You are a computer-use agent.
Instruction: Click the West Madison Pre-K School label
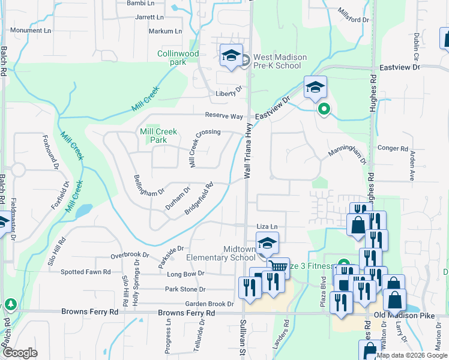point(280,61)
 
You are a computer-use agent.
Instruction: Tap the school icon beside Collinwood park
point(231,56)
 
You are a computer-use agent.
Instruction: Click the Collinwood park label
point(178,58)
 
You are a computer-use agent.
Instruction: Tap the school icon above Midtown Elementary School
point(267,244)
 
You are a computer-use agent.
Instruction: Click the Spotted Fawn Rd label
point(86,272)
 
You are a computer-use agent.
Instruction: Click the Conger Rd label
point(393,148)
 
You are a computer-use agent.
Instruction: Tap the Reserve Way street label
point(224,115)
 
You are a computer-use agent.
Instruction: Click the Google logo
point(19,353)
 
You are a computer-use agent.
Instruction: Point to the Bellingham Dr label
point(149,185)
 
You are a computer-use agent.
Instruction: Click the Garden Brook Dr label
point(209,304)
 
